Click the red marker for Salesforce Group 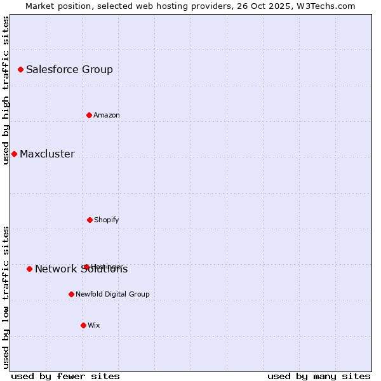coord(20,69)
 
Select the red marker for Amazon coord(89,115)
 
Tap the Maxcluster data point coord(14,154)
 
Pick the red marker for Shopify coord(90,220)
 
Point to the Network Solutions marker coord(29,269)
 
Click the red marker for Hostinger coord(86,267)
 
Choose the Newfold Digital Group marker coord(71,294)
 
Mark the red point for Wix coord(83,325)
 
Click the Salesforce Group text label coord(69,69)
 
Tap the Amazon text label coord(107,115)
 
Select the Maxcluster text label coord(47,154)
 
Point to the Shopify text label coord(107,220)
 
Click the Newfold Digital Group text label coord(112,294)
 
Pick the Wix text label coord(94,325)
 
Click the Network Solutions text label coord(81,269)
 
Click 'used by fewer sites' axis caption coord(65,376)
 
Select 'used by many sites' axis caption coord(319,376)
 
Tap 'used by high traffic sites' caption coord(6,90)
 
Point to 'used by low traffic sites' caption coord(6,297)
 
